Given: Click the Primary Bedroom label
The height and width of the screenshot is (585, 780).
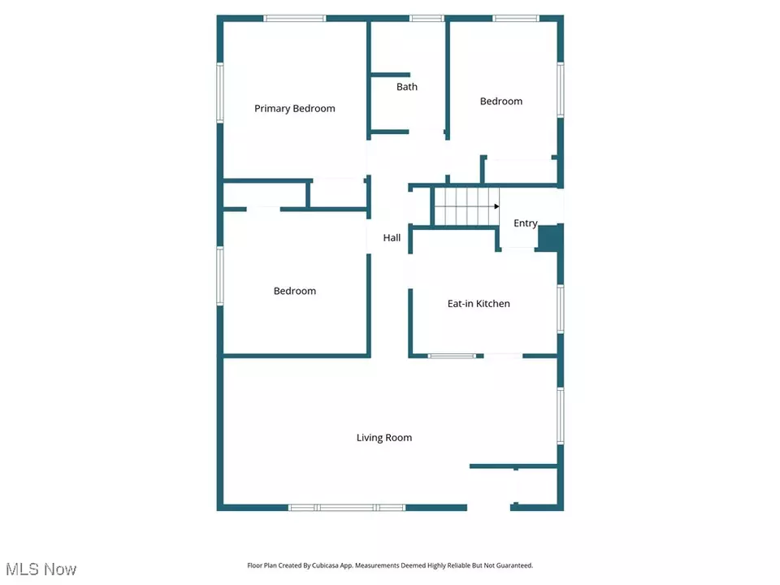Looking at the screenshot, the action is pyautogui.click(x=294, y=108).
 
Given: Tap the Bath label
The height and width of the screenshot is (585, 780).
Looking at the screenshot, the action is pyautogui.click(x=407, y=87).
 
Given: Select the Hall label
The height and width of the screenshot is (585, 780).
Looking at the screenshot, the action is pyautogui.click(x=392, y=238).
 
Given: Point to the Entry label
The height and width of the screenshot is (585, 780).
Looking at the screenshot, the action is pyautogui.click(x=526, y=223).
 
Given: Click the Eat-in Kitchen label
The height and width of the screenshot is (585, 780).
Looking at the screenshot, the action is pyautogui.click(x=479, y=303).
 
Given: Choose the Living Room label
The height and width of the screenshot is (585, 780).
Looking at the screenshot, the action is pyautogui.click(x=384, y=438).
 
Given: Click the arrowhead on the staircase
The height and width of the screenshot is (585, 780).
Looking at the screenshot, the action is pyautogui.click(x=496, y=206).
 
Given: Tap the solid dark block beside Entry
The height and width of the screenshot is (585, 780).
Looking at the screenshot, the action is pyautogui.click(x=550, y=238).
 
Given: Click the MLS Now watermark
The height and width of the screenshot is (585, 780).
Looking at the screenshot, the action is pyautogui.click(x=41, y=569).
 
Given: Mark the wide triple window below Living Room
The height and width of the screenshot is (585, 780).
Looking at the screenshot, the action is pyautogui.click(x=347, y=507).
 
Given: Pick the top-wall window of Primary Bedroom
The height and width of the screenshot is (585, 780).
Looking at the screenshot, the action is pyautogui.click(x=294, y=19).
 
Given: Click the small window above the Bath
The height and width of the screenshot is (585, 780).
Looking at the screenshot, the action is pyautogui.click(x=427, y=19).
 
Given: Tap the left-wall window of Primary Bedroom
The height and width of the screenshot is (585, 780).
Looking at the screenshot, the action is pyautogui.click(x=220, y=93).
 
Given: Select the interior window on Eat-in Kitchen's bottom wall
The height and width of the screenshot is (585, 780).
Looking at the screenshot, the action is pyautogui.click(x=452, y=356).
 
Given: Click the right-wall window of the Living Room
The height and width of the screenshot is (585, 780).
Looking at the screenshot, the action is pyautogui.click(x=560, y=416).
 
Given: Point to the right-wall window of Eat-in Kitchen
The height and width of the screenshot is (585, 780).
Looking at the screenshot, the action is pyautogui.click(x=560, y=309).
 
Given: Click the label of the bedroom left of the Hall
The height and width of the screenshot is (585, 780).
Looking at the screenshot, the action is pyautogui.click(x=294, y=291).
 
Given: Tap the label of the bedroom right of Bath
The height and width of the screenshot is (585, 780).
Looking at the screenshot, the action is pyautogui.click(x=501, y=102).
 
